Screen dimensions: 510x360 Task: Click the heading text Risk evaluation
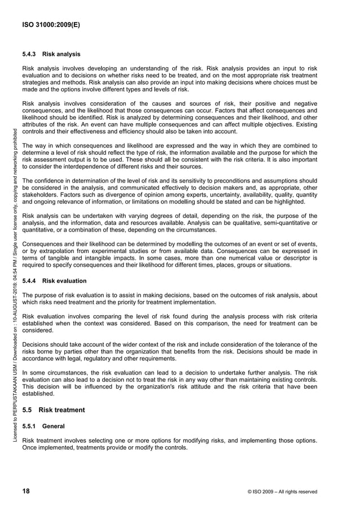(x=64, y=281)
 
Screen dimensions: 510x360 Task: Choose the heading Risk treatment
(x=62, y=410)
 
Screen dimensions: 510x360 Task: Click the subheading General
(x=54, y=425)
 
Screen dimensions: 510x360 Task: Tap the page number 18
(x=26, y=491)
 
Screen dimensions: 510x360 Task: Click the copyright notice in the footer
(x=282, y=492)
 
